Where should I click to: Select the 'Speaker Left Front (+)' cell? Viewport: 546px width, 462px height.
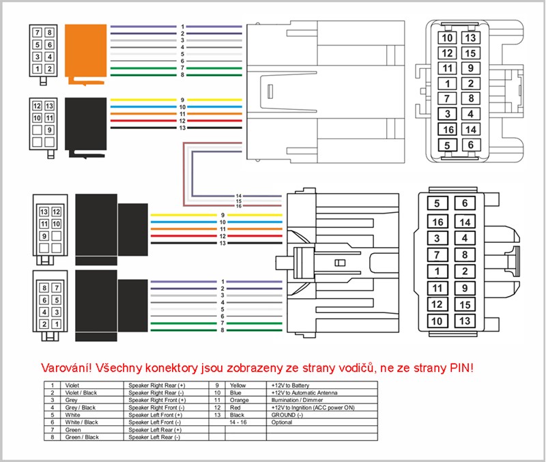pos(156,415)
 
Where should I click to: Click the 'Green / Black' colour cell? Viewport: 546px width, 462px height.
pos(82,437)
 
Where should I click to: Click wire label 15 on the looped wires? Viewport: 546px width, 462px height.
pos(239,201)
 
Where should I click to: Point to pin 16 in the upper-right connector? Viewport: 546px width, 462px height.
pos(448,130)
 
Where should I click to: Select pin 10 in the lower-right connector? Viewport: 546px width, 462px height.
pos(437,321)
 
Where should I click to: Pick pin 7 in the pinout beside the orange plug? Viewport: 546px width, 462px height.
pos(37,32)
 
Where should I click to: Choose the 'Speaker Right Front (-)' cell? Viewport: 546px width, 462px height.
pos(156,407)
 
